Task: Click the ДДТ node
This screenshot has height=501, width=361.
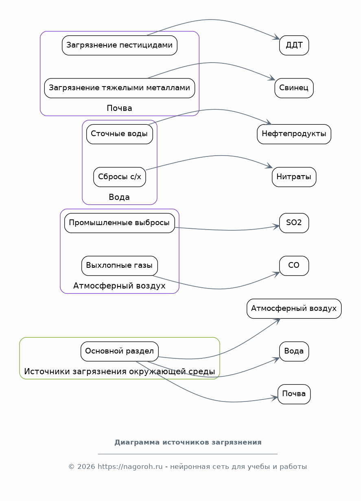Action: (x=294, y=45)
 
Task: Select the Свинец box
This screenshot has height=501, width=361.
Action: (x=294, y=88)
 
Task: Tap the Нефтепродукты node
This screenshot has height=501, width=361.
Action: (x=294, y=134)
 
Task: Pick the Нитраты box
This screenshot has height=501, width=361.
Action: (x=294, y=177)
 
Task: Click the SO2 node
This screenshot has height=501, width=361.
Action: (x=294, y=223)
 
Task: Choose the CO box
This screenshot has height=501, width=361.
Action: (x=294, y=265)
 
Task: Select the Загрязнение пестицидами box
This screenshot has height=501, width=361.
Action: (x=119, y=45)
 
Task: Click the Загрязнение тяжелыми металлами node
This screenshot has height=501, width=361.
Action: (x=119, y=88)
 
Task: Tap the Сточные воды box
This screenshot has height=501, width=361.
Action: (x=119, y=134)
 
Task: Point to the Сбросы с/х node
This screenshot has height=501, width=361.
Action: (x=119, y=177)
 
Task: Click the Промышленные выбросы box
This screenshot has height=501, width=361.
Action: (x=119, y=223)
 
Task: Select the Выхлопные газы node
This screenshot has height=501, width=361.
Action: (x=119, y=265)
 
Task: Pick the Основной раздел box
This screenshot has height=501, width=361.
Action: (x=119, y=351)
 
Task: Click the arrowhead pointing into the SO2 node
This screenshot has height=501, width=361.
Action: (x=276, y=226)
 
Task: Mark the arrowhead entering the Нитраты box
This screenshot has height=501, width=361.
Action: (x=269, y=166)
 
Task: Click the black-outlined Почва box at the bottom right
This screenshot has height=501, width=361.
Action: (x=294, y=394)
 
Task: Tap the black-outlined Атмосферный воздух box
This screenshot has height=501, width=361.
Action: (x=294, y=308)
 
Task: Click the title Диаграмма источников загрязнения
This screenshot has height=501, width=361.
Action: (x=188, y=442)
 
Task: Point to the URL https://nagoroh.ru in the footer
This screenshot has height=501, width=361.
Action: (x=130, y=466)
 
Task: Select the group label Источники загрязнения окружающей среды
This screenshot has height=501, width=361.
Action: (x=119, y=371)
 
